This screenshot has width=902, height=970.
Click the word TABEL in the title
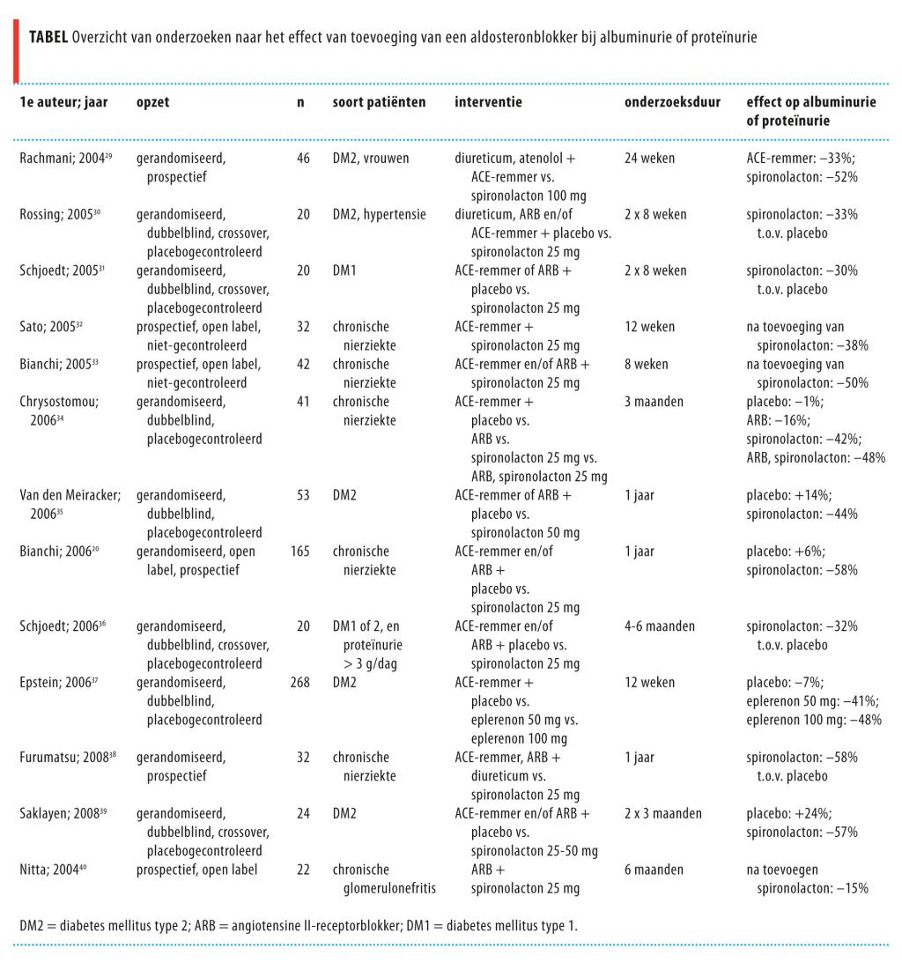49,38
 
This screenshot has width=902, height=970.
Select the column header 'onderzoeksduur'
672,102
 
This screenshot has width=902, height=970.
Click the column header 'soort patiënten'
379,102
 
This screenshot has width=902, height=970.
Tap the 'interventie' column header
488,102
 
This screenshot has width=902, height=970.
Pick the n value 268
300,682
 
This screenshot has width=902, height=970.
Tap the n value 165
300,552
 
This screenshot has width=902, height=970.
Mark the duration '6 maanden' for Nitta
654,870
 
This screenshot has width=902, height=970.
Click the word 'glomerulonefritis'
388,889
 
